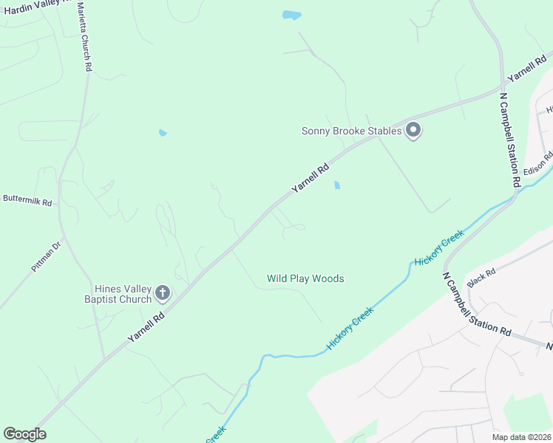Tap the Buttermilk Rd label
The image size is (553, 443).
27,200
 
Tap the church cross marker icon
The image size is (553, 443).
163,294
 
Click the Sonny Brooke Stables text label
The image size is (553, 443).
351,131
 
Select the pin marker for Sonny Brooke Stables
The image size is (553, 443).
413,131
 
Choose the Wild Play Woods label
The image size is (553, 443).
305,278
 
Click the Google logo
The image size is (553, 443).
24,433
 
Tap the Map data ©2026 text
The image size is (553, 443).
522,437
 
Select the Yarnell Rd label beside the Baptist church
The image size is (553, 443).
146,326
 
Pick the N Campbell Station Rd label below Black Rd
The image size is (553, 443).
477,304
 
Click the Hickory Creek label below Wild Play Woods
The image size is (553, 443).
350,327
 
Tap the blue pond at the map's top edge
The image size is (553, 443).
292,16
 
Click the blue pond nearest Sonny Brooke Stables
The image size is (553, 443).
337,185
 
